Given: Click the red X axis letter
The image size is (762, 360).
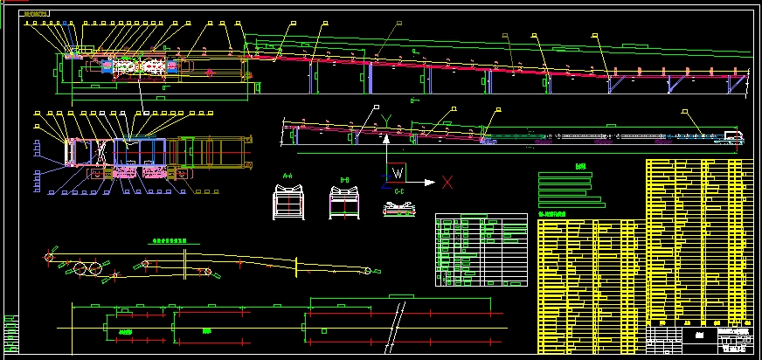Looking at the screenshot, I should point(447,182).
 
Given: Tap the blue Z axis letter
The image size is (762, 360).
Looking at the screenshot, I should point(384,181).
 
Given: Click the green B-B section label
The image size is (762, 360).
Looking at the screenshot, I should point(344,181).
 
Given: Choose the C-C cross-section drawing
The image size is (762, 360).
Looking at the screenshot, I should point(399,209).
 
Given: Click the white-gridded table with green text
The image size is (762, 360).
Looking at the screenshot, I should point(482,250).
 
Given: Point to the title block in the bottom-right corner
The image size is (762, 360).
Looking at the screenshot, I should point(699,336).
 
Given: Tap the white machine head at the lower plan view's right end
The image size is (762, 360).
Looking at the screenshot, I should point(732,136).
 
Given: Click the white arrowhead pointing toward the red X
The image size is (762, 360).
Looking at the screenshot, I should point(429,182).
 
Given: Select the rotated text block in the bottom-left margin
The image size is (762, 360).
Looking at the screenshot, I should point(10,332).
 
